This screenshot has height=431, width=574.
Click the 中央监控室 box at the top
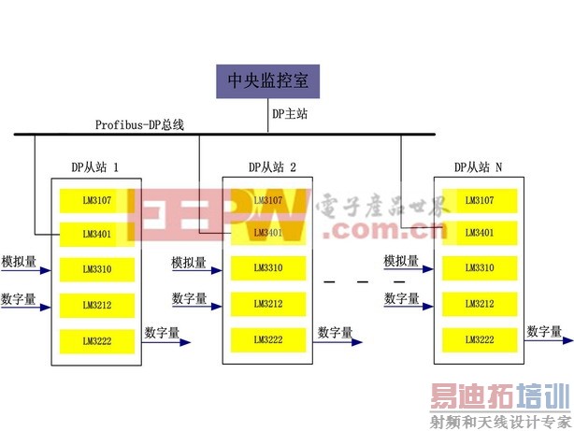pos(268,81)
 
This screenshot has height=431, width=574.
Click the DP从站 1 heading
pos(95,166)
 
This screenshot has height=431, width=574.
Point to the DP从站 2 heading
pos(272,166)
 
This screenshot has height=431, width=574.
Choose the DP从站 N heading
pos(478,166)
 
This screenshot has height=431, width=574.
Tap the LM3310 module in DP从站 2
pos(268,268)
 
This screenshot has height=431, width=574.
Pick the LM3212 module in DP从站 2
pos(268,303)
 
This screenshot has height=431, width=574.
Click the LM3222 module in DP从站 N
pos(480,338)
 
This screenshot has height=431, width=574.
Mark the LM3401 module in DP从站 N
pos(480,233)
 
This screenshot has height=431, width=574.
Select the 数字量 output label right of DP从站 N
pos(544,331)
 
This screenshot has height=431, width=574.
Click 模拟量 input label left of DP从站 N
pos(401,261)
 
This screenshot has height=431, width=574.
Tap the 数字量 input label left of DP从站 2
pos(190,298)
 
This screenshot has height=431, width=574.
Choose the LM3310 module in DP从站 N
pos(480,268)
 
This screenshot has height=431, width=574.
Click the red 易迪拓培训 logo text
pos(500,399)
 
